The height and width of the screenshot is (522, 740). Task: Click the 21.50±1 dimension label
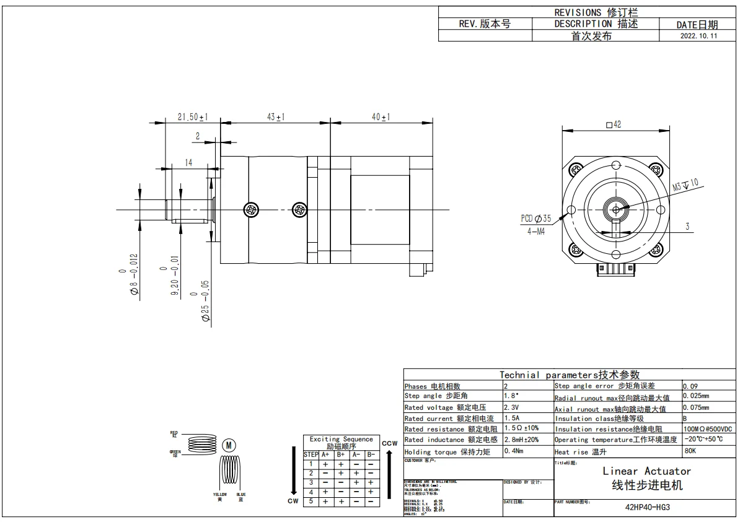[x=192, y=117]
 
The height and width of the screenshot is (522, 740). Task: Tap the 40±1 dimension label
[x=380, y=117]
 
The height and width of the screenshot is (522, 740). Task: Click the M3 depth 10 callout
[x=685, y=183]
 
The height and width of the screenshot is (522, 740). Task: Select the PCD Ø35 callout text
[x=535, y=219]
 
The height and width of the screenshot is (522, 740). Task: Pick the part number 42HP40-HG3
[x=647, y=507]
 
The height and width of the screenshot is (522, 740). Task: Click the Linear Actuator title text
[x=646, y=471]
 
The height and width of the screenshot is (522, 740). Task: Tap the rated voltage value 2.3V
[x=513, y=407]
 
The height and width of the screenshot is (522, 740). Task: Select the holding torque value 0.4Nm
[x=514, y=451]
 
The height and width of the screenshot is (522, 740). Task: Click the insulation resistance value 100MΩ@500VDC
[x=707, y=429]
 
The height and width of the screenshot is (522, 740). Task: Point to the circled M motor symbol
[x=227, y=445]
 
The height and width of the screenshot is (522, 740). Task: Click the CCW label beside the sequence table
[x=389, y=443]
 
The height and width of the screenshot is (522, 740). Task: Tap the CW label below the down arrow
[x=293, y=501]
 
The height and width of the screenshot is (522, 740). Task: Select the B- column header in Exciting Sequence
[x=370, y=455]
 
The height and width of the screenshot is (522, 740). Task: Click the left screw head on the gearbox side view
[x=252, y=210]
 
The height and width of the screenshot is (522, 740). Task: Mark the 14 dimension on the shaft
[x=188, y=162]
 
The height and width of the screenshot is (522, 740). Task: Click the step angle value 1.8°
[x=512, y=396]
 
